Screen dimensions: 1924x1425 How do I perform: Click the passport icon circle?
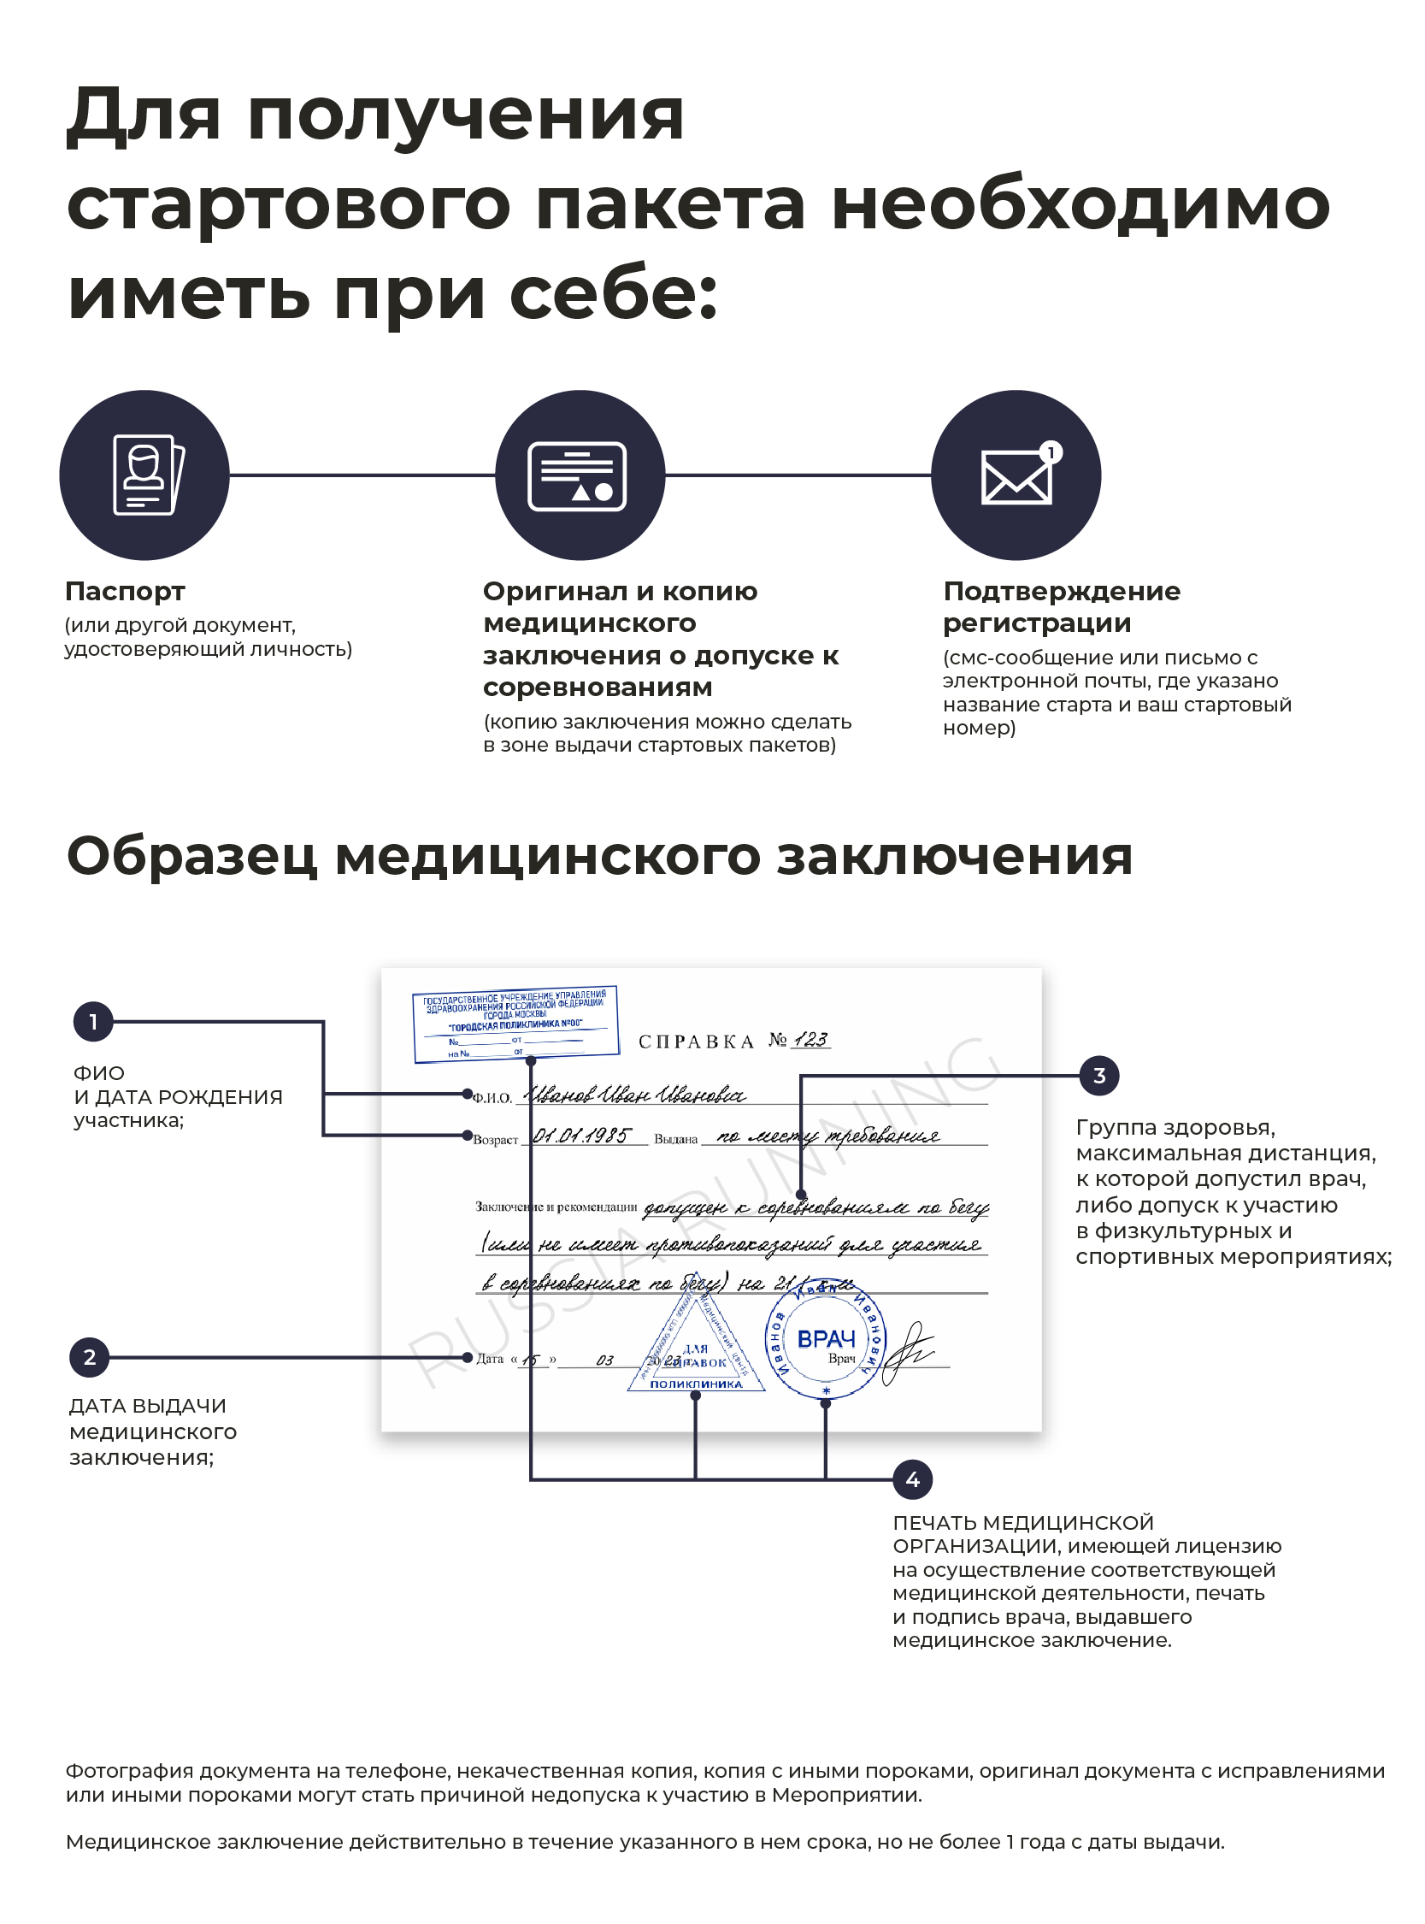(x=144, y=475)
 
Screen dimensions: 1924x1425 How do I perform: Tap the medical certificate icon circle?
(x=580, y=475)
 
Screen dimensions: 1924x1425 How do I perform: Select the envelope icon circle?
(x=1016, y=475)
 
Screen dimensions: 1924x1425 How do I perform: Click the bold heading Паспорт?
(x=125, y=592)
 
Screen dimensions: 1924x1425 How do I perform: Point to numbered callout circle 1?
(x=93, y=1023)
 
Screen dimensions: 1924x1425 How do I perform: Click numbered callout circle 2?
(x=89, y=1357)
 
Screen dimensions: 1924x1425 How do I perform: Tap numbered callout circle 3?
(x=1099, y=1076)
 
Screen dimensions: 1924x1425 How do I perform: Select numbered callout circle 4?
(x=913, y=1480)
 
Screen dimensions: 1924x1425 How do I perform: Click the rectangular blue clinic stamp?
(x=515, y=1024)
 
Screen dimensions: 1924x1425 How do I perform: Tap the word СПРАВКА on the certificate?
(x=696, y=1042)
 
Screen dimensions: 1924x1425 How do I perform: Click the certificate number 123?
(x=811, y=1040)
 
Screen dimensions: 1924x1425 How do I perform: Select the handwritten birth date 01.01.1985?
(x=581, y=1136)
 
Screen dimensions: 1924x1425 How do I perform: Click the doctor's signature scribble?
(x=909, y=1353)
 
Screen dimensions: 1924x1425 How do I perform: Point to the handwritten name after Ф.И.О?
(x=636, y=1095)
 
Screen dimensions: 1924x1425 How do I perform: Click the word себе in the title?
(x=613, y=293)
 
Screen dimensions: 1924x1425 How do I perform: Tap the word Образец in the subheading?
(x=191, y=857)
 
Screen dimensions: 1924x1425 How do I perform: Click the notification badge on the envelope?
(x=1050, y=452)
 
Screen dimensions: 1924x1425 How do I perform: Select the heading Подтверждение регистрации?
(x=1061, y=607)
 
